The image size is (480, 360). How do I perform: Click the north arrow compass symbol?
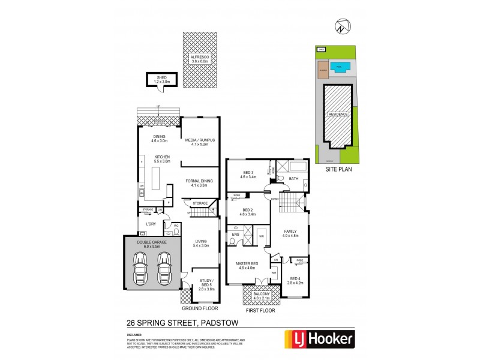click(x=341, y=27)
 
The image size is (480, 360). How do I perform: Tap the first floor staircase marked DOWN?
click(x=290, y=204)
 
